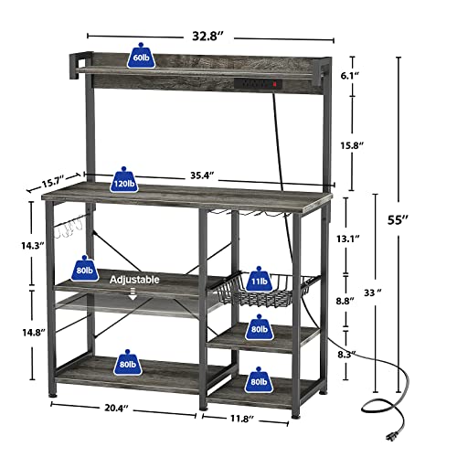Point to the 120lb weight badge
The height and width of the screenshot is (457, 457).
(119, 178)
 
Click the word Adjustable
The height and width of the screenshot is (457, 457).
(135, 279)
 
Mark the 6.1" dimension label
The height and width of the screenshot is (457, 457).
(368, 76)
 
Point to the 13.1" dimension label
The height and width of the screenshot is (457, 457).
(368, 238)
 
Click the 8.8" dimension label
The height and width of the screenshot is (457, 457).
(369, 300)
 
